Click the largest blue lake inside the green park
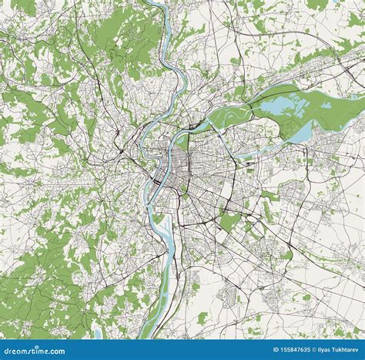click(281, 98)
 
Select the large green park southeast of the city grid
click(229, 221)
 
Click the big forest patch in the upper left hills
click(116, 39)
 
